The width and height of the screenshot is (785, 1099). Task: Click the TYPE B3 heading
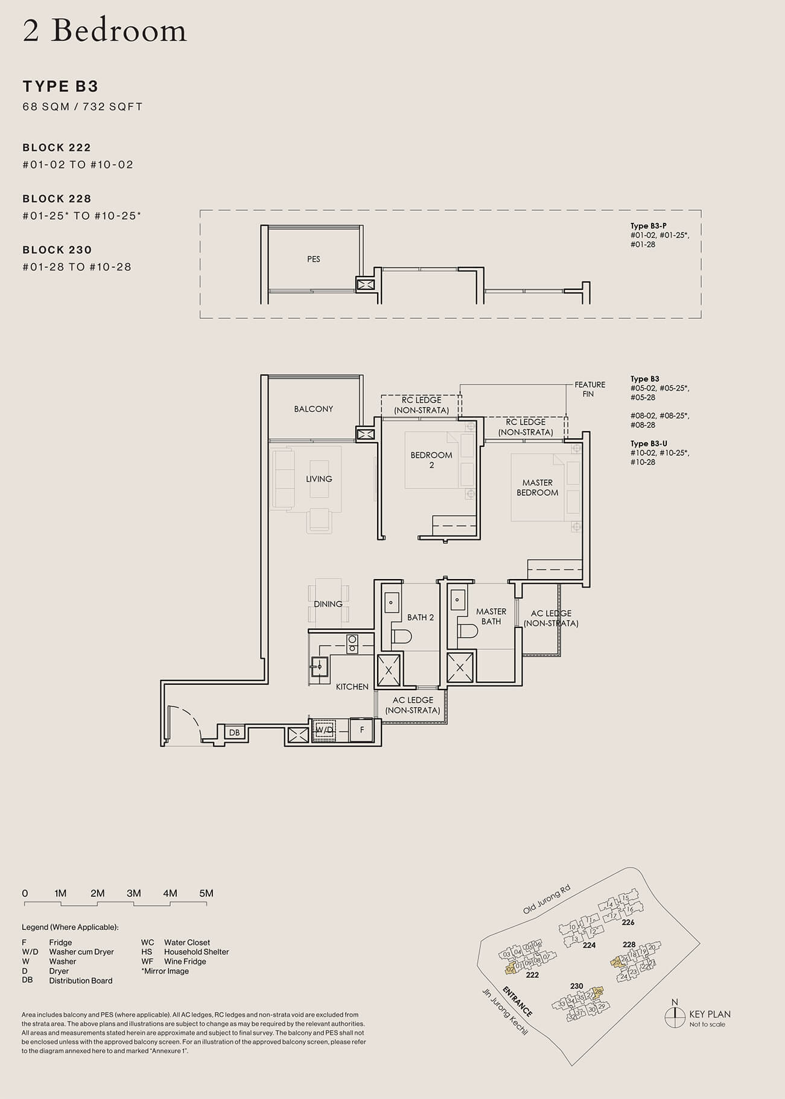click(x=60, y=86)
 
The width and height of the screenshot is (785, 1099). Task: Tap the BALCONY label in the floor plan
click(x=313, y=409)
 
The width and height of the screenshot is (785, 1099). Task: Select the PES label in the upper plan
click(x=313, y=259)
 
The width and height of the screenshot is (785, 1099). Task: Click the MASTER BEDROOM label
click(x=537, y=487)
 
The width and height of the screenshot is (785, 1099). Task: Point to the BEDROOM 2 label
click(x=431, y=460)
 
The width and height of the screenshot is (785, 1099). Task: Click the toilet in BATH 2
click(x=401, y=636)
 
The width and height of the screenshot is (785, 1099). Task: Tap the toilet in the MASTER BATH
click(x=468, y=630)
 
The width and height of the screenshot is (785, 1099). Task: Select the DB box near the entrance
click(x=234, y=732)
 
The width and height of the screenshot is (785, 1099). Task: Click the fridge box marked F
click(x=362, y=729)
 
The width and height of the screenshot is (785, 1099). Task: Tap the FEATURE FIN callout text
click(x=589, y=389)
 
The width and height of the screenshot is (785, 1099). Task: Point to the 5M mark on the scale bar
click(x=206, y=894)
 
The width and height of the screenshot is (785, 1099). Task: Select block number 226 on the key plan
click(x=628, y=922)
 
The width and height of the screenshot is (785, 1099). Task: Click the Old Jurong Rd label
click(x=546, y=900)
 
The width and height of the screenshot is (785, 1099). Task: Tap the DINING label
click(x=328, y=604)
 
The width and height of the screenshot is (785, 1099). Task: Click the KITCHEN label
click(x=352, y=687)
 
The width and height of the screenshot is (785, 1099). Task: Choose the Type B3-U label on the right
click(x=649, y=443)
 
